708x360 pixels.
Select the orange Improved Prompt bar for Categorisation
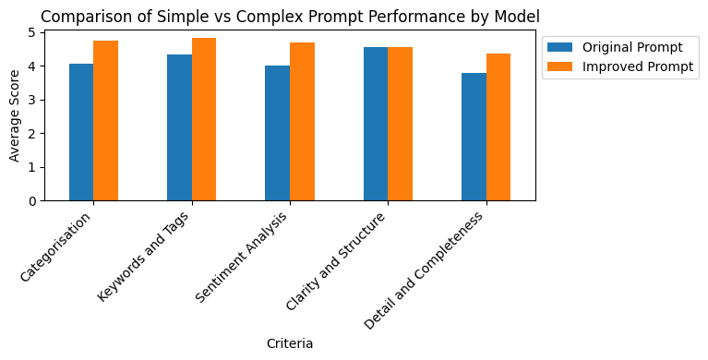(105, 121)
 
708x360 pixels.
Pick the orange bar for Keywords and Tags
(204, 119)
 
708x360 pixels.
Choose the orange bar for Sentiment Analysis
(302, 122)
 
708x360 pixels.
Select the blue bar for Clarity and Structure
(376, 124)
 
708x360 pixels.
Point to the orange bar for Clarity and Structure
(400, 124)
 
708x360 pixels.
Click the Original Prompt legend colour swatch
(560, 47)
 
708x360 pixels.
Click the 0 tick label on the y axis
(31, 201)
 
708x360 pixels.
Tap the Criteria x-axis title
(290, 343)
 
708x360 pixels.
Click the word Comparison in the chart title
(78, 16)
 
